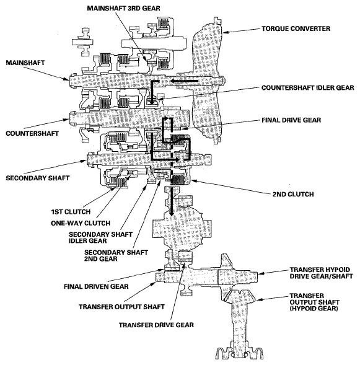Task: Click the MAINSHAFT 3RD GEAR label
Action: (x=123, y=9)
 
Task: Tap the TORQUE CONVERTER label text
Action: (x=296, y=29)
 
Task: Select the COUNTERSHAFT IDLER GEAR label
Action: (x=307, y=88)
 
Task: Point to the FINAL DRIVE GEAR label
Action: (x=291, y=120)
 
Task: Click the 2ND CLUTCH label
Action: (x=293, y=194)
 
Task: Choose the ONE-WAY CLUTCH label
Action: (x=81, y=223)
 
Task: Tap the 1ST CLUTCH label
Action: (x=71, y=212)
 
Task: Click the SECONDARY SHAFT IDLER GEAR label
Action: (x=100, y=237)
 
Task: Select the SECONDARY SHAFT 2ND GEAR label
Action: (x=116, y=255)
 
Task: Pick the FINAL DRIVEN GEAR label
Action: (x=96, y=286)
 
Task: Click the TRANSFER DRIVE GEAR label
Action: (x=156, y=325)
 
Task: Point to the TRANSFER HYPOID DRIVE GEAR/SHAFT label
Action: (x=321, y=273)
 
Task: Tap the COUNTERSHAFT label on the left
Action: (x=32, y=133)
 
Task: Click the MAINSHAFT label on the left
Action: (x=25, y=63)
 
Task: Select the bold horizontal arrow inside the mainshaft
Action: (x=184, y=81)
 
